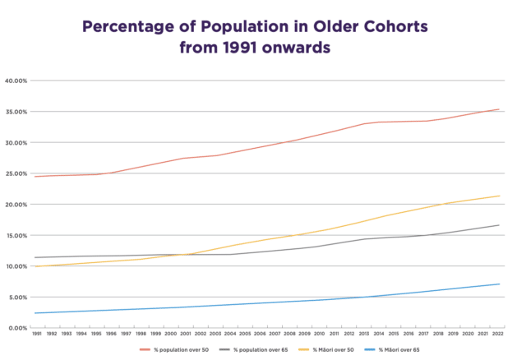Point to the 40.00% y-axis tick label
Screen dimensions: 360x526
pos(16,81)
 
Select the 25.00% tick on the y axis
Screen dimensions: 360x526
pos(16,173)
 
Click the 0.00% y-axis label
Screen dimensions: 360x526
pos(18,327)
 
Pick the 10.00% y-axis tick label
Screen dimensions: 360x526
pos(16,265)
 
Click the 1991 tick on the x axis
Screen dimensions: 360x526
pos(38,335)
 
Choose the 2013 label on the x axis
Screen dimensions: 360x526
pos(365,335)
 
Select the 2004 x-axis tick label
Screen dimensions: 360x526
pos(231,335)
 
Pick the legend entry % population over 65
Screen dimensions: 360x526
pos(261,350)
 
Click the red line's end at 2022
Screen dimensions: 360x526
pos(499,109)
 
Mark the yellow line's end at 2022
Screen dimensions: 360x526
pos(499,196)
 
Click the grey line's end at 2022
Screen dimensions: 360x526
pos(499,225)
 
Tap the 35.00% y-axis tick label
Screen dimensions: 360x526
pos(16,112)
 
